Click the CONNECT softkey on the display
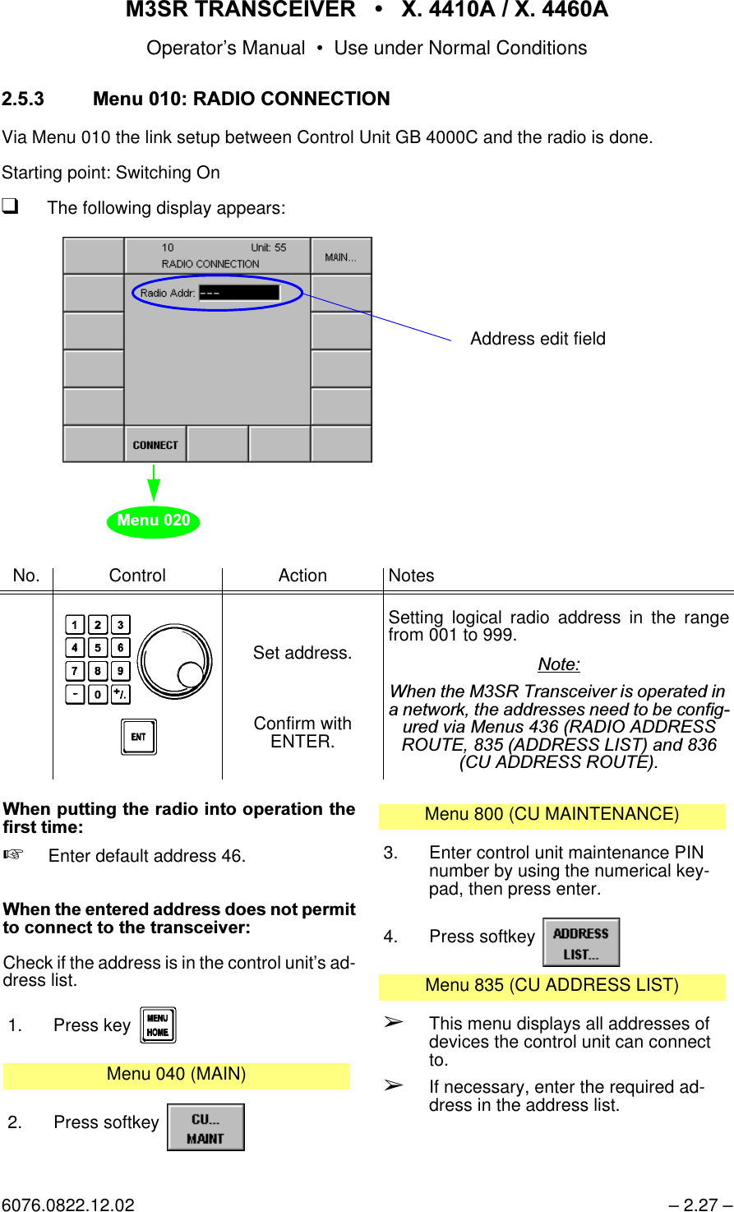[155, 445]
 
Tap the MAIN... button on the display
[341, 257]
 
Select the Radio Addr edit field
[239, 293]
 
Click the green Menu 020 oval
[154, 520]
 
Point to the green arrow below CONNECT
[154, 483]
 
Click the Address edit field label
[538, 339]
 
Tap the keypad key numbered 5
[97, 648]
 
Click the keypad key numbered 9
[120, 671]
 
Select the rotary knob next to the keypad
[174, 661]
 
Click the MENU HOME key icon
[158, 1025]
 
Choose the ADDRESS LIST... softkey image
[581, 943]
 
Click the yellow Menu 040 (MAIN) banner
[177, 1075]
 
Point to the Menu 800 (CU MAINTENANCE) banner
[552, 815]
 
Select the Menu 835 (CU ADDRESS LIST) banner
[552, 985]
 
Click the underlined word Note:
[559, 664]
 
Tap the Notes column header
[411, 576]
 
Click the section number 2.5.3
[23, 99]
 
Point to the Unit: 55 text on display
[269, 247]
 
